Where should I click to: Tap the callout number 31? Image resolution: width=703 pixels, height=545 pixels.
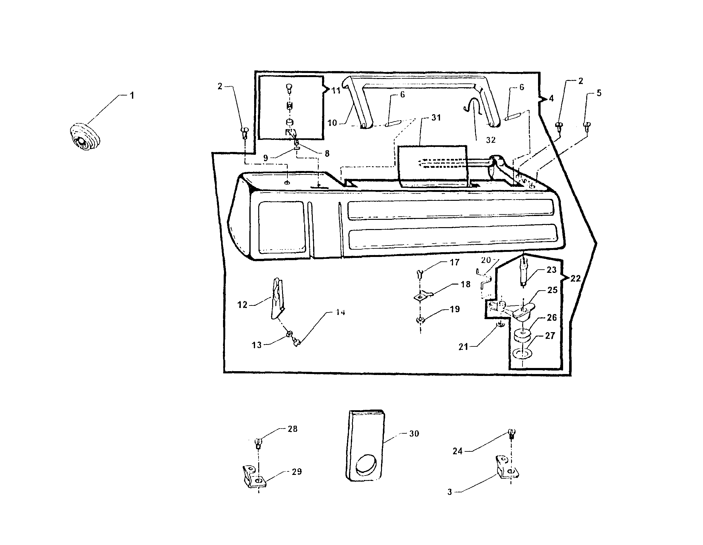(x=436, y=118)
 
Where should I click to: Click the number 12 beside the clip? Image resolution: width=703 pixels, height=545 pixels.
(x=242, y=305)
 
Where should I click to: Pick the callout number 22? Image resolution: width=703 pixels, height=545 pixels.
(x=575, y=279)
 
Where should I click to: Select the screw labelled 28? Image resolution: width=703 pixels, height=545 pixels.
(x=258, y=443)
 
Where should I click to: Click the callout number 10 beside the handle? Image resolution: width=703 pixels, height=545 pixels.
(x=332, y=123)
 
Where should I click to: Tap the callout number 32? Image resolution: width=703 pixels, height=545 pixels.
(x=490, y=140)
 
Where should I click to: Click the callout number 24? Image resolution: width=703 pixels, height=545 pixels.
(x=457, y=451)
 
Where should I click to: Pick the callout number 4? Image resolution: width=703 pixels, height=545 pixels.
(x=551, y=99)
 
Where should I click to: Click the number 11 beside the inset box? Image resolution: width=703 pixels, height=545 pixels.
(x=336, y=91)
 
